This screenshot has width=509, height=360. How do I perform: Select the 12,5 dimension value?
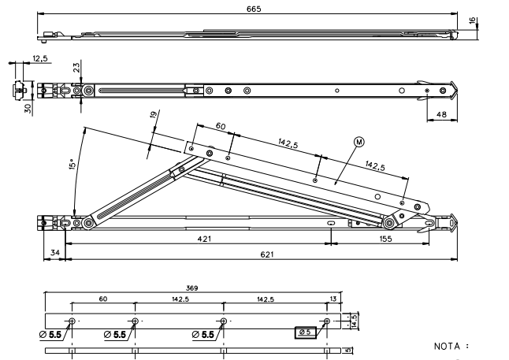tap(39, 58)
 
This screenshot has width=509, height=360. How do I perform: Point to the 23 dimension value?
tap(76, 69)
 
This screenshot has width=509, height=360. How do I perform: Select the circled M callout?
tap(359, 143)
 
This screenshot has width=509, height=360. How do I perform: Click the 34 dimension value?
tap(54, 251)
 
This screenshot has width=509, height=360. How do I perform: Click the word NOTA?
tap(451, 346)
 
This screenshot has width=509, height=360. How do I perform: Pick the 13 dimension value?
tap(335, 299)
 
